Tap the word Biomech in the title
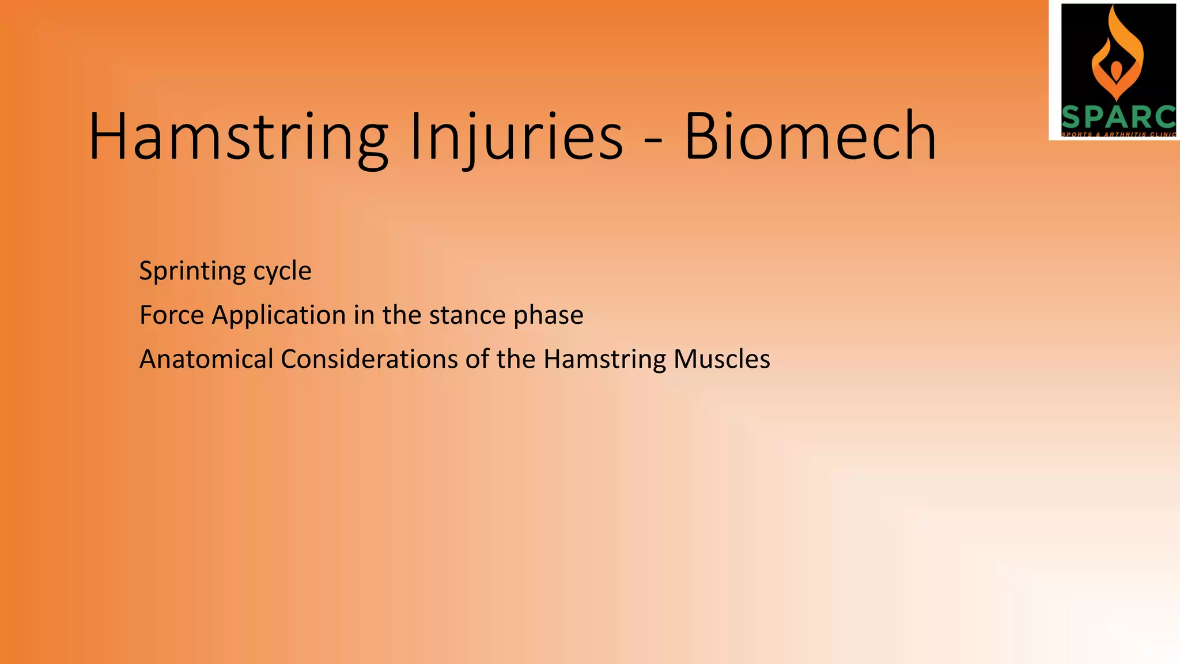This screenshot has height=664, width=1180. [x=810, y=137]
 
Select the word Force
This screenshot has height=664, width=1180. [x=172, y=315]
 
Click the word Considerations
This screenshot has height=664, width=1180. [x=369, y=359]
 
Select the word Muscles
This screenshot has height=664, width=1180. [x=722, y=359]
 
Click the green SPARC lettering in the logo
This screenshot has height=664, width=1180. [x=1118, y=118]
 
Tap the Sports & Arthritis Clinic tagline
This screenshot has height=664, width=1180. [x=1118, y=134]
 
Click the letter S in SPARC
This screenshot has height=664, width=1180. [x=1072, y=118]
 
